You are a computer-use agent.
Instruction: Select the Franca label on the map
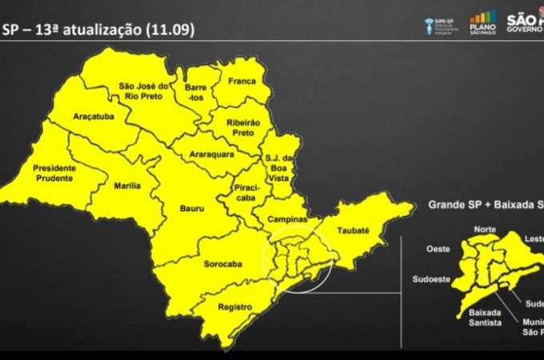[x=241, y=81]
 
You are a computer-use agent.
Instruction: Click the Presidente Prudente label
[x=54, y=174]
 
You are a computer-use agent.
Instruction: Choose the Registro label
[x=235, y=306]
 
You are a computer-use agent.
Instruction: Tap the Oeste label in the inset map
[x=436, y=249]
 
